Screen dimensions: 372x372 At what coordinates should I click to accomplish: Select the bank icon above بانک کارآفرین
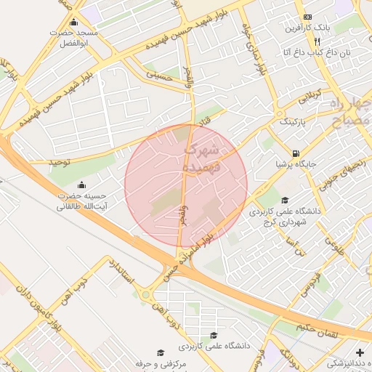(308, 17)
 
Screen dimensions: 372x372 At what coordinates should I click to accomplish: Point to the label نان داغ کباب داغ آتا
(315, 53)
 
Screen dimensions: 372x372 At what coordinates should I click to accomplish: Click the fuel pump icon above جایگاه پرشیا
(295, 153)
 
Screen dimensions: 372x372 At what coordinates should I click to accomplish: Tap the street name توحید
(60, 162)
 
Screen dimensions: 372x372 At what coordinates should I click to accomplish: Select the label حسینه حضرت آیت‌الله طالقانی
(82, 201)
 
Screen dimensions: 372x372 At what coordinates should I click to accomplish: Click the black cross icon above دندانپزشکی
(360, 352)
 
